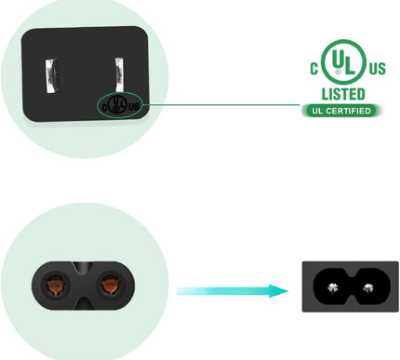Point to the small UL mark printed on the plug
click(x=119, y=104)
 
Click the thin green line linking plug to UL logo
click(x=223, y=104)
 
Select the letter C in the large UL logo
click(x=315, y=67)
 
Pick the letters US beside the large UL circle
click(x=375, y=69)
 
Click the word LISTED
click(x=342, y=94)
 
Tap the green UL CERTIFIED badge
click(x=341, y=111)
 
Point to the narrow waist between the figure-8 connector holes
click(x=84, y=285)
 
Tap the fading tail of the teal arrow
click(x=186, y=290)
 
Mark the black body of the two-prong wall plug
click(x=84, y=56)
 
